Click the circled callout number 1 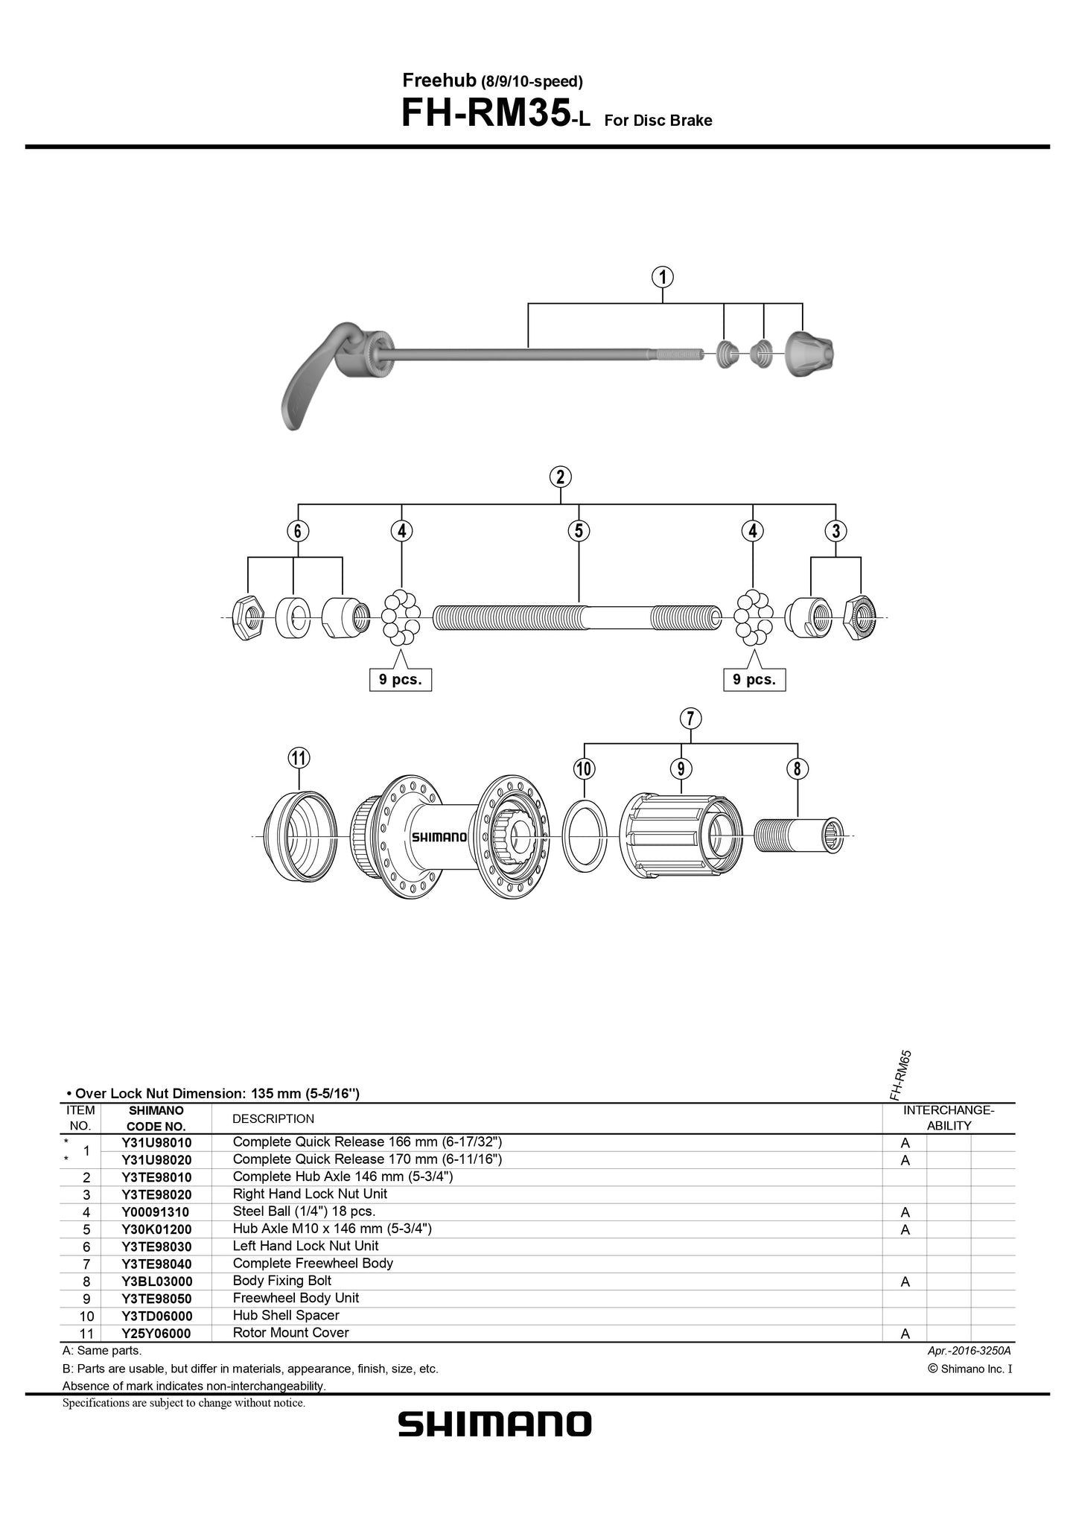662,277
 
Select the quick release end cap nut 809,353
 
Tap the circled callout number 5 579,531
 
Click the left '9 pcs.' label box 401,680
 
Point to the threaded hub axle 577,617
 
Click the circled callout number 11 298,758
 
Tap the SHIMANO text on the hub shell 439,837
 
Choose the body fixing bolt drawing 798,835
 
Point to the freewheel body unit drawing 679,835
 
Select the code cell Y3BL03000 156,1281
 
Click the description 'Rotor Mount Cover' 290,1333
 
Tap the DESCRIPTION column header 273,1118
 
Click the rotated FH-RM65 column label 900,1075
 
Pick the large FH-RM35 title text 486,114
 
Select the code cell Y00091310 156,1212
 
